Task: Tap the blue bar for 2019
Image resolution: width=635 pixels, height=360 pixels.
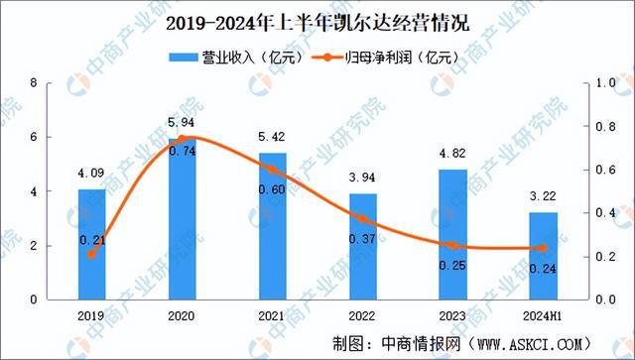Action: [91, 244]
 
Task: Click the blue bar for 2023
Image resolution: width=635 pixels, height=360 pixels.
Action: [452, 234]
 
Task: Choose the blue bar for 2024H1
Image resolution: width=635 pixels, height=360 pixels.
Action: [543, 256]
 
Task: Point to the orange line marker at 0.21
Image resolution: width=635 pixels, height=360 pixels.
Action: [91, 254]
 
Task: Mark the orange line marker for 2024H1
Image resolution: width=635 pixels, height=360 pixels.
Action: [543, 248]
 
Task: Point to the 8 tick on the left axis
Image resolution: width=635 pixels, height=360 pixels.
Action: [35, 83]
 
